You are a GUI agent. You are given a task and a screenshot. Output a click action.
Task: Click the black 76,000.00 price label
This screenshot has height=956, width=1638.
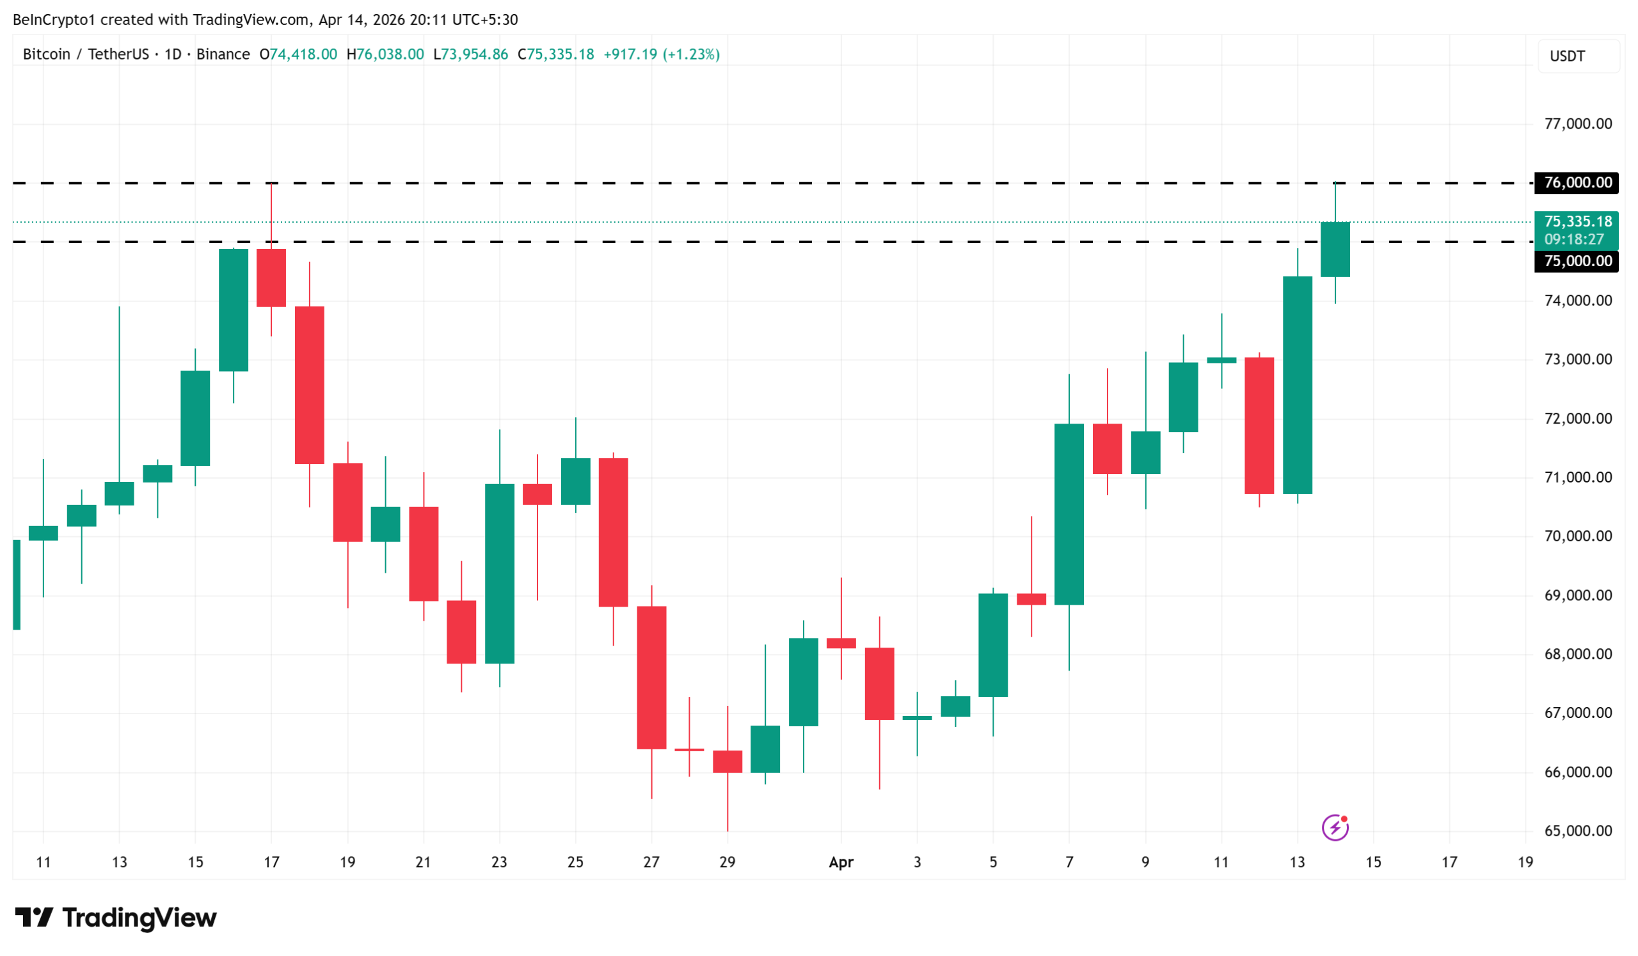coord(1577,182)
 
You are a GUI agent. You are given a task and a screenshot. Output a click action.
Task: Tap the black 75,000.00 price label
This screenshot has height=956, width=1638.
coord(1577,261)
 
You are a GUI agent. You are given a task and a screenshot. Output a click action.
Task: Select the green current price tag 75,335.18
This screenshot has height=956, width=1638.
coord(1577,222)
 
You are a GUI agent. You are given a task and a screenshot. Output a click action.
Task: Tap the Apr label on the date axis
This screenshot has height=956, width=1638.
coord(841,863)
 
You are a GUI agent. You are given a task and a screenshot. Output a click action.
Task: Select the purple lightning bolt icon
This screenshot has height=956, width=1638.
coord(1335,828)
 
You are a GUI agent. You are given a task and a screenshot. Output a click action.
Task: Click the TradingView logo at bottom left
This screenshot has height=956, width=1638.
coord(116,918)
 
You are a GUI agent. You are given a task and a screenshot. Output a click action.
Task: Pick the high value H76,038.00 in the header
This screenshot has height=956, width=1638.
coord(385,54)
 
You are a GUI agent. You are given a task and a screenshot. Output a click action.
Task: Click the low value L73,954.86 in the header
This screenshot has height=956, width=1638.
coord(470,54)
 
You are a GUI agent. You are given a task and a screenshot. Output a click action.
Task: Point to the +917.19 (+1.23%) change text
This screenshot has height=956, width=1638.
coord(662,54)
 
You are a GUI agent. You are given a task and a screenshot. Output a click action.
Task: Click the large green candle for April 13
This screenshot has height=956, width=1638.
coord(1298,385)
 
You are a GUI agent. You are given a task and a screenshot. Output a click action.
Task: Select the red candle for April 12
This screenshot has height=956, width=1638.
coord(1259,426)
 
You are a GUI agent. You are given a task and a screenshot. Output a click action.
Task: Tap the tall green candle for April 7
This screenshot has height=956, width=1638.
coord(1069,514)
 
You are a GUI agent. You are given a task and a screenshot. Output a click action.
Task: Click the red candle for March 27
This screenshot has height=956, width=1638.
coord(651,678)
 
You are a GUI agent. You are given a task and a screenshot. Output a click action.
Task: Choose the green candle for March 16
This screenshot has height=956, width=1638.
coord(234,310)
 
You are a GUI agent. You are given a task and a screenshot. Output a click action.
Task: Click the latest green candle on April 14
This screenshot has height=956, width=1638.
coord(1335,250)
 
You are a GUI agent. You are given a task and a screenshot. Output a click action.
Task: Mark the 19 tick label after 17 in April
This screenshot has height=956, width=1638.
coord(1525,863)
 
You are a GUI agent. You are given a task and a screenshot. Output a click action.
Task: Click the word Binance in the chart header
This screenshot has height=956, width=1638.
coord(223,54)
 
